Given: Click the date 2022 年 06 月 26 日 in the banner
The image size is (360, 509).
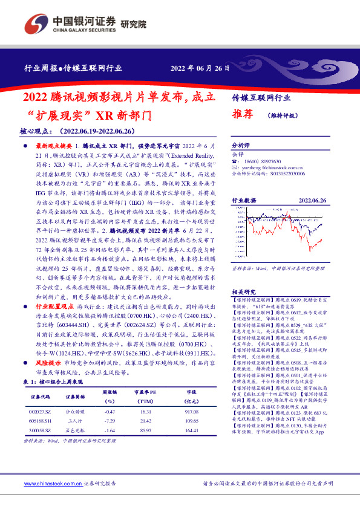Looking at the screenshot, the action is click(x=200, y=68).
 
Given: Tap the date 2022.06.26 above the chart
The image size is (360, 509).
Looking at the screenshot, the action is click(x=312, y=199).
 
